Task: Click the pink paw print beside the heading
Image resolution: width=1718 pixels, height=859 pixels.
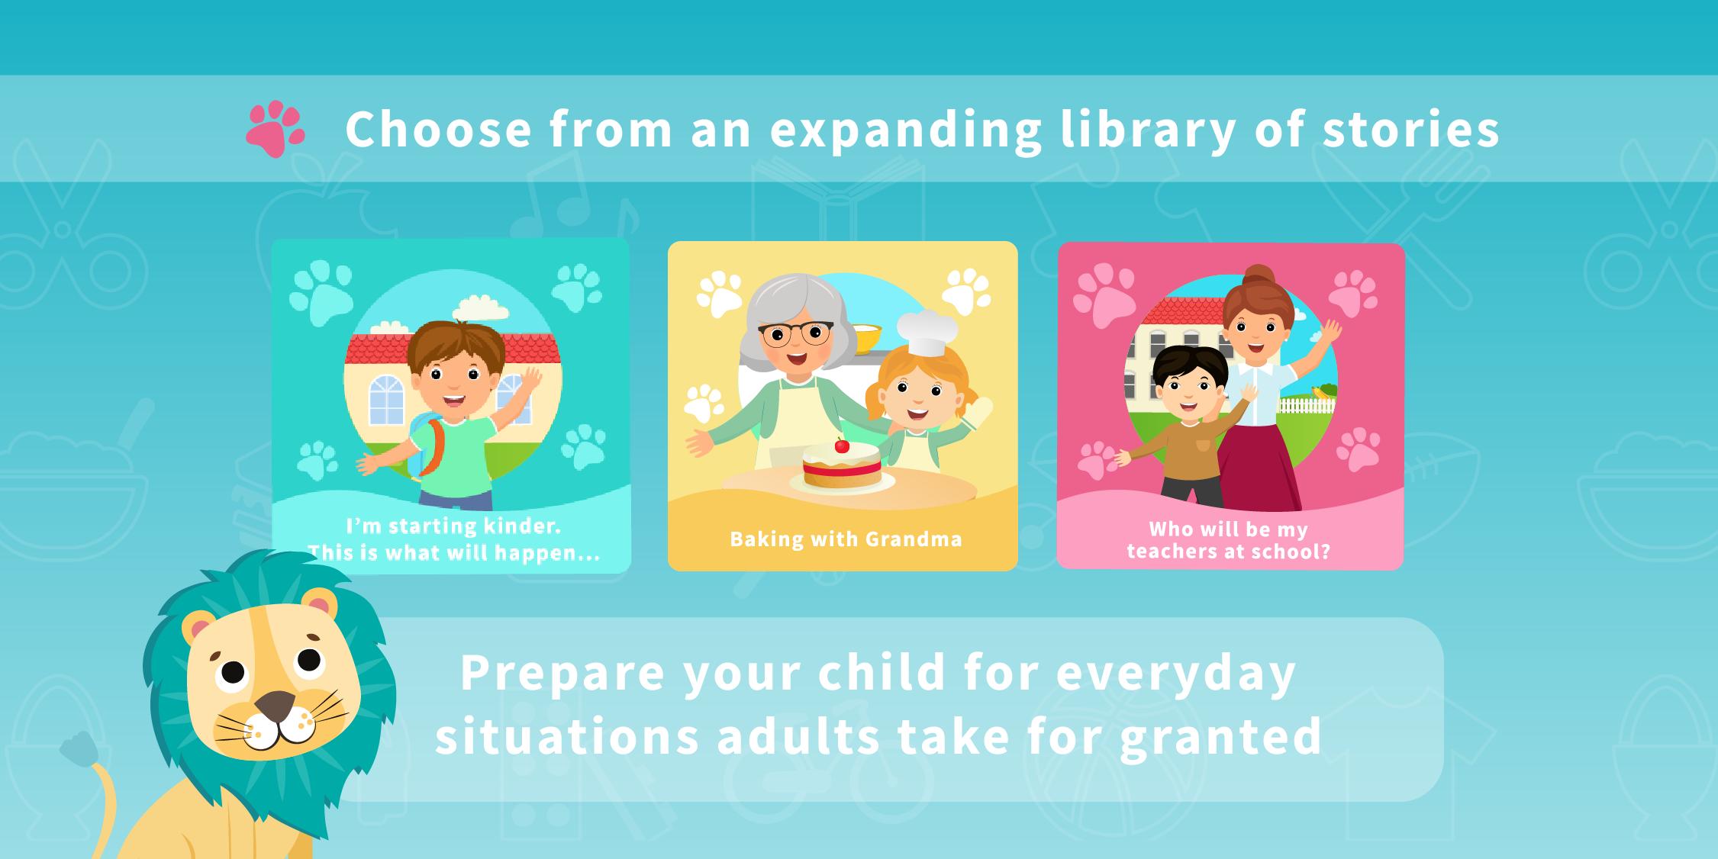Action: click(x=275, y=129)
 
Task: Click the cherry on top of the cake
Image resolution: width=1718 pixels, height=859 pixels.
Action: click(x=842, y=445)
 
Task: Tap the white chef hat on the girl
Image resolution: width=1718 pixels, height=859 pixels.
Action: click(x=927, y=333)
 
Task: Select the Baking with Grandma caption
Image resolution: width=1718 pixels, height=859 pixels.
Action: click(x=846, y=539)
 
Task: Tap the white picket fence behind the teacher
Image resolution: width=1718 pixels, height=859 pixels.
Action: click(x=1306, y=404)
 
